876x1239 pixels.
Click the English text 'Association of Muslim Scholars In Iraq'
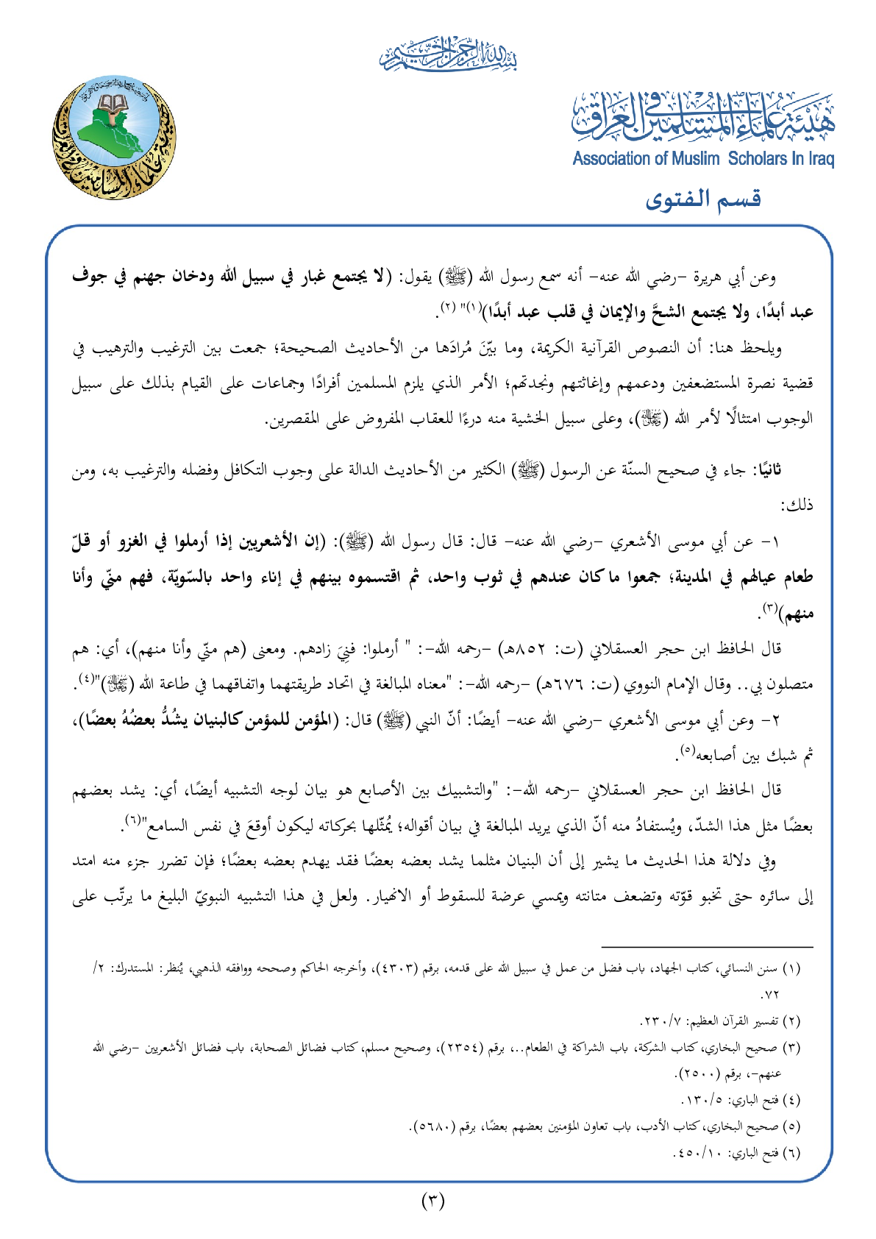pos(703,159)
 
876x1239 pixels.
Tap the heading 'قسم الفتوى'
pos(702,199)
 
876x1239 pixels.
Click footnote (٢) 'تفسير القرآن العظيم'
pos(721,1021)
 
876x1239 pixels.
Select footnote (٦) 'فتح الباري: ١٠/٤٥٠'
pos(736,1152)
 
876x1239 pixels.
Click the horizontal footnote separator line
pos(707,948)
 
